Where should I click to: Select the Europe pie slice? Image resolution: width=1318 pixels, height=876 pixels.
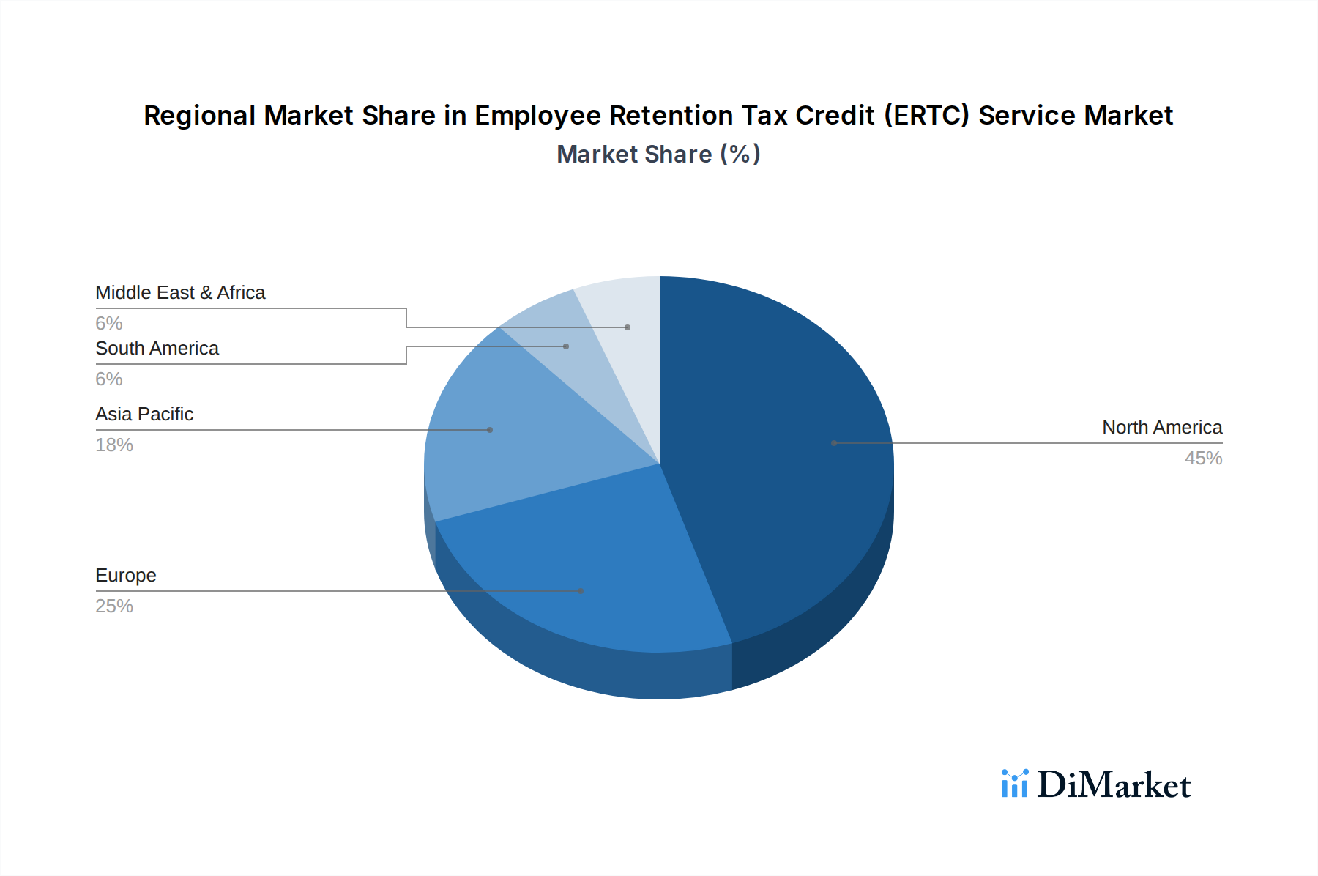click(586, 564)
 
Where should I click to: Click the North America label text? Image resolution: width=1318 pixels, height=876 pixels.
click(1162, 428)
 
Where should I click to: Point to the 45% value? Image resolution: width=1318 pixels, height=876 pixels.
click(1203, 459)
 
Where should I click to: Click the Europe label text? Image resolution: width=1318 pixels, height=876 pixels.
click(126, 576)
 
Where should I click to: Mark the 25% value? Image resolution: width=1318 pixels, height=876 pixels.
click(114, 606)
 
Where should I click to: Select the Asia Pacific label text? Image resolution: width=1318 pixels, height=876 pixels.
click(144, 415)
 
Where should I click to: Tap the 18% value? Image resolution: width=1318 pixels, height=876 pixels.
click(114, 445)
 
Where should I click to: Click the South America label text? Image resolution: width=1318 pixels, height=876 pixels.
click(157, 349)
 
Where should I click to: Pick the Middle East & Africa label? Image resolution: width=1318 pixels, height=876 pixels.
click(180, 293)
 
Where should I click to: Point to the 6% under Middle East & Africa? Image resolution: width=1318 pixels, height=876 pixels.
click(109, 324)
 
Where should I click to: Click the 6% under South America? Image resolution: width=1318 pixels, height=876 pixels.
click(109, 379)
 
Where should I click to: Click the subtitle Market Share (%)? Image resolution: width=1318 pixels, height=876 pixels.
click(658, 155)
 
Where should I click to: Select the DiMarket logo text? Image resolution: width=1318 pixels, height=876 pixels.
click(1114, 785)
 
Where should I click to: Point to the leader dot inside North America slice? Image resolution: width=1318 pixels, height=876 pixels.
click(834, 443)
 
